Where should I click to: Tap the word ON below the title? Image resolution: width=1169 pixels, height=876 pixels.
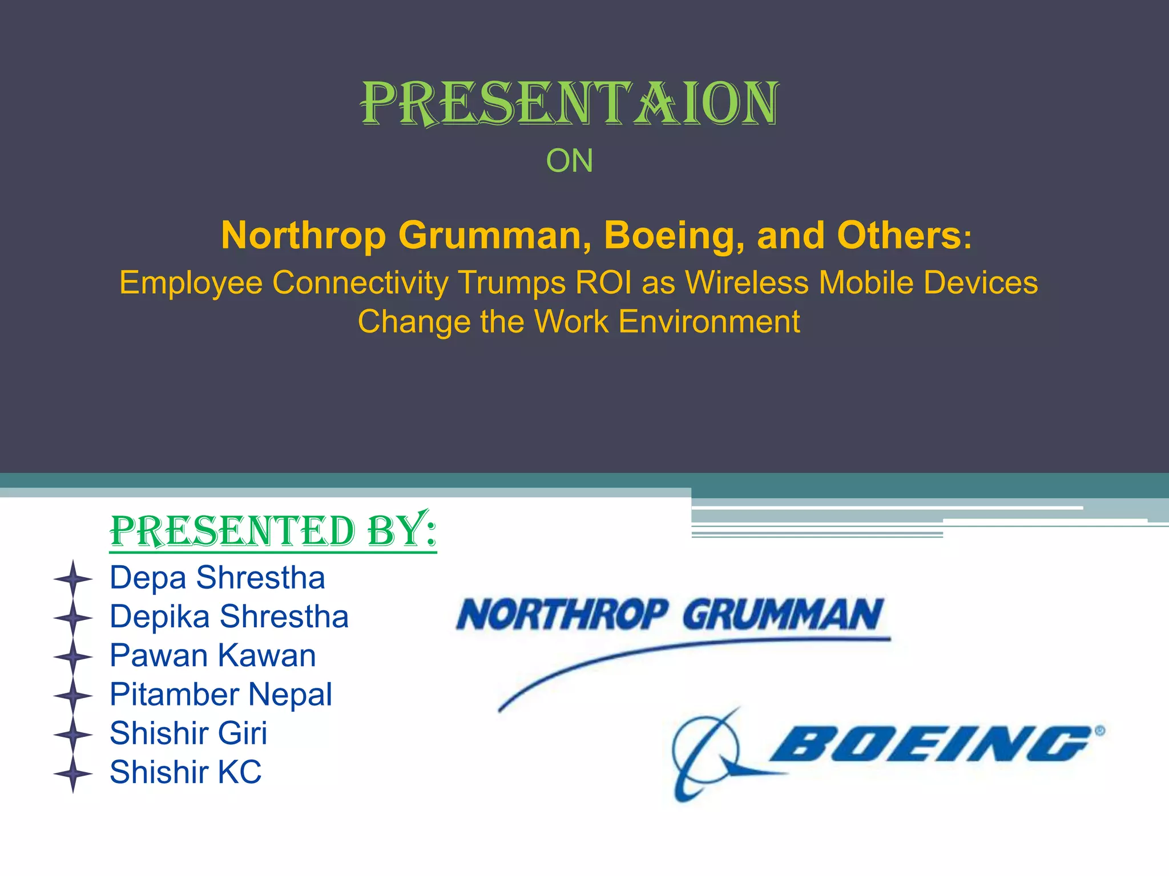[570, 161]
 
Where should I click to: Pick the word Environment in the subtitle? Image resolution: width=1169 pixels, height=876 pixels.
[709, 322]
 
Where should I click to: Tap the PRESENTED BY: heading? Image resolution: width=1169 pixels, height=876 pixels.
[273, 531]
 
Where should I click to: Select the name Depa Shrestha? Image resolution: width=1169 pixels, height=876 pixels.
[217, 578]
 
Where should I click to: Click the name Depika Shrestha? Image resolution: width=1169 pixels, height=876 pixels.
[229, 617]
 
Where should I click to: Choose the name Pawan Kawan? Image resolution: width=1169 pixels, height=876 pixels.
[212, 655]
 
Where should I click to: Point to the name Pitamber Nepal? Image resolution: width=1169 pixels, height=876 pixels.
[221, 695]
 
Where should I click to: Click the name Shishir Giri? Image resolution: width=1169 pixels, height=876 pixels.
[188, 733]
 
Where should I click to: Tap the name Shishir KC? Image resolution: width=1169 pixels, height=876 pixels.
[186, 772]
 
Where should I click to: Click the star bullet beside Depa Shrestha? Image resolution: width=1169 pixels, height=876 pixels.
[73, 579]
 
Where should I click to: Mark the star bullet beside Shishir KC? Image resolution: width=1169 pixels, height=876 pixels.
[73, 774]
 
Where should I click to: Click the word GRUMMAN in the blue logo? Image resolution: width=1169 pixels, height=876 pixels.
[783, 615]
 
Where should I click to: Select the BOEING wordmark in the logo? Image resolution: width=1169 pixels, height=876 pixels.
[930, 744]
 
